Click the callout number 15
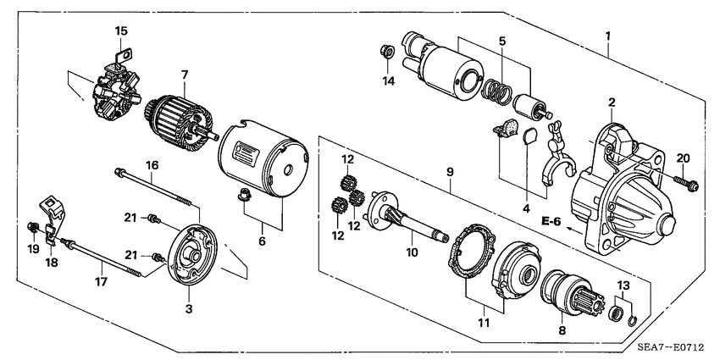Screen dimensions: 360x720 coord(121,30)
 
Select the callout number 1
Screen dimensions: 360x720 coord(607,36)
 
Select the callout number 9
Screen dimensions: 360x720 coord(451,171)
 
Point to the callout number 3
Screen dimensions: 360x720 coord(188,310)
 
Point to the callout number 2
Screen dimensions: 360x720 coord(610,102)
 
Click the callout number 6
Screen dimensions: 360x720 coord(262,241)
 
